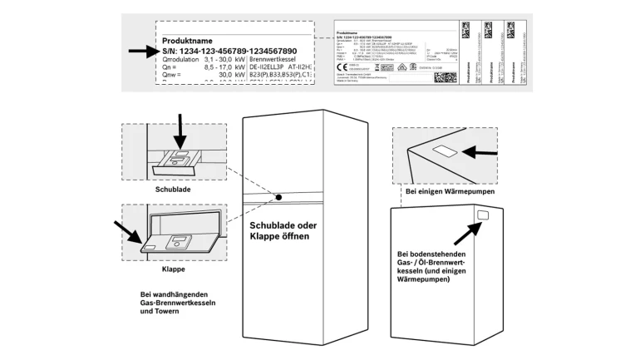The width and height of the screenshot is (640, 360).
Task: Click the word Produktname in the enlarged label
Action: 188,41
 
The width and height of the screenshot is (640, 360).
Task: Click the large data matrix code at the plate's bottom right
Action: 446,77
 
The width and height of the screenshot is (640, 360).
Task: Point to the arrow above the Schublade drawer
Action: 180,131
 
